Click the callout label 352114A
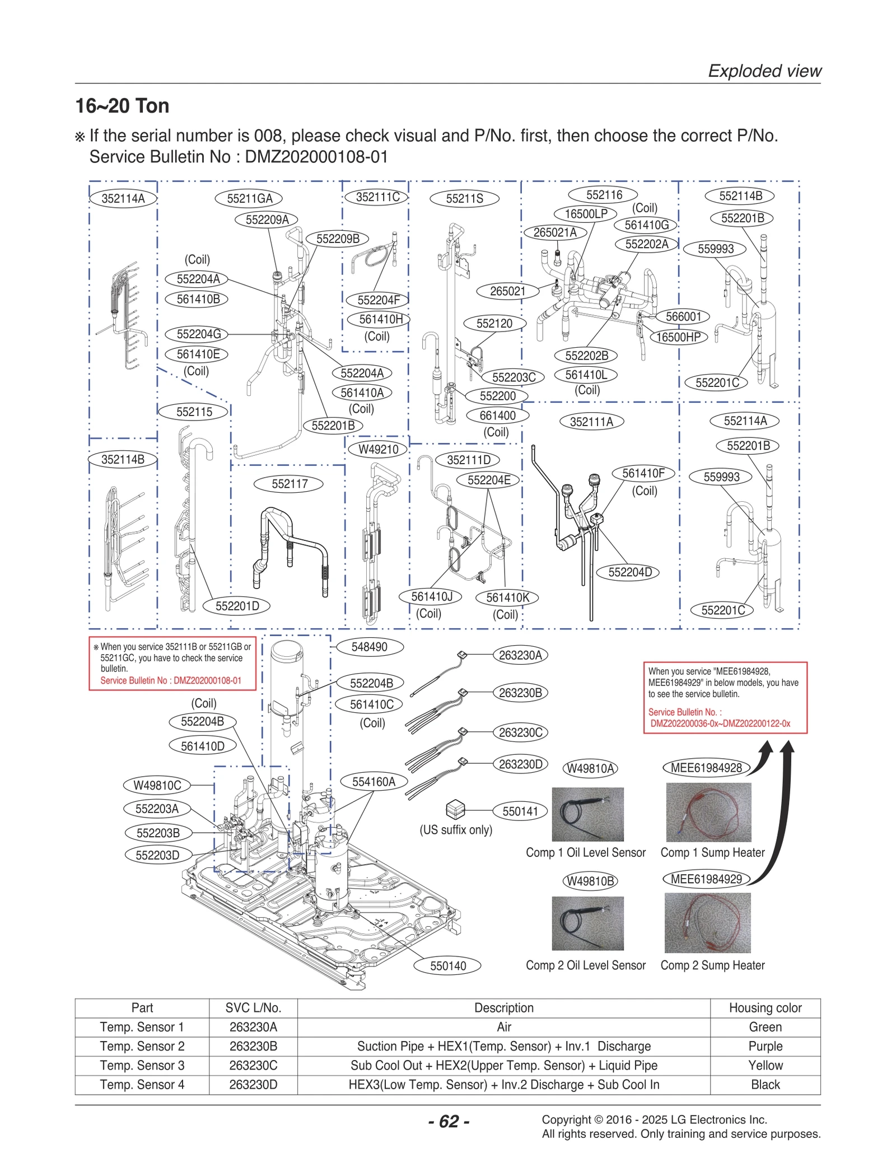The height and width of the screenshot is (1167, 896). point(123,198)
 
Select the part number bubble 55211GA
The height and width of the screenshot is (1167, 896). point(249,198)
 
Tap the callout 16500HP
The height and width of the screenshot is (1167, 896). point(678,337)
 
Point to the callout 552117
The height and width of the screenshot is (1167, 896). point(289,484)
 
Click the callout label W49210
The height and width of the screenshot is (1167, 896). point(378,449)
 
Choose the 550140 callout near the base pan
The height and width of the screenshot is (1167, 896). point(447,965)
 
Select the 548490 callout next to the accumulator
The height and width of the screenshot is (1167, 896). point(369,647)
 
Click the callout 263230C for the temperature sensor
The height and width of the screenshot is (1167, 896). point(520,732)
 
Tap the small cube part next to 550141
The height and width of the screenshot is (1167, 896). point(455,810)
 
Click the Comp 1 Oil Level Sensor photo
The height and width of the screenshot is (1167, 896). point(587,814)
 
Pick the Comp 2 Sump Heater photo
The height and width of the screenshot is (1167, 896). point(707,923)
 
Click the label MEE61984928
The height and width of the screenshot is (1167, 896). point(706,768)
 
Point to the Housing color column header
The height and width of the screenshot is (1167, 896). point(765,1008)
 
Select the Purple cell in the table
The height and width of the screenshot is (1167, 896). point(765,1046)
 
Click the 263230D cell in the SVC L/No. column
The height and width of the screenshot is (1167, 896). point(253,1085)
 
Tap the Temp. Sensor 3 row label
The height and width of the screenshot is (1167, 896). point(142,1065)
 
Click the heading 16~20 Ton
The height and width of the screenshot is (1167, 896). point(123,106)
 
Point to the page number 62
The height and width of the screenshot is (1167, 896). point(449,1121)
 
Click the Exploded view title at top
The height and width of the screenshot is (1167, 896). point(764,71)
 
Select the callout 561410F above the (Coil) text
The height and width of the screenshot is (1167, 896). point(643,473)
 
